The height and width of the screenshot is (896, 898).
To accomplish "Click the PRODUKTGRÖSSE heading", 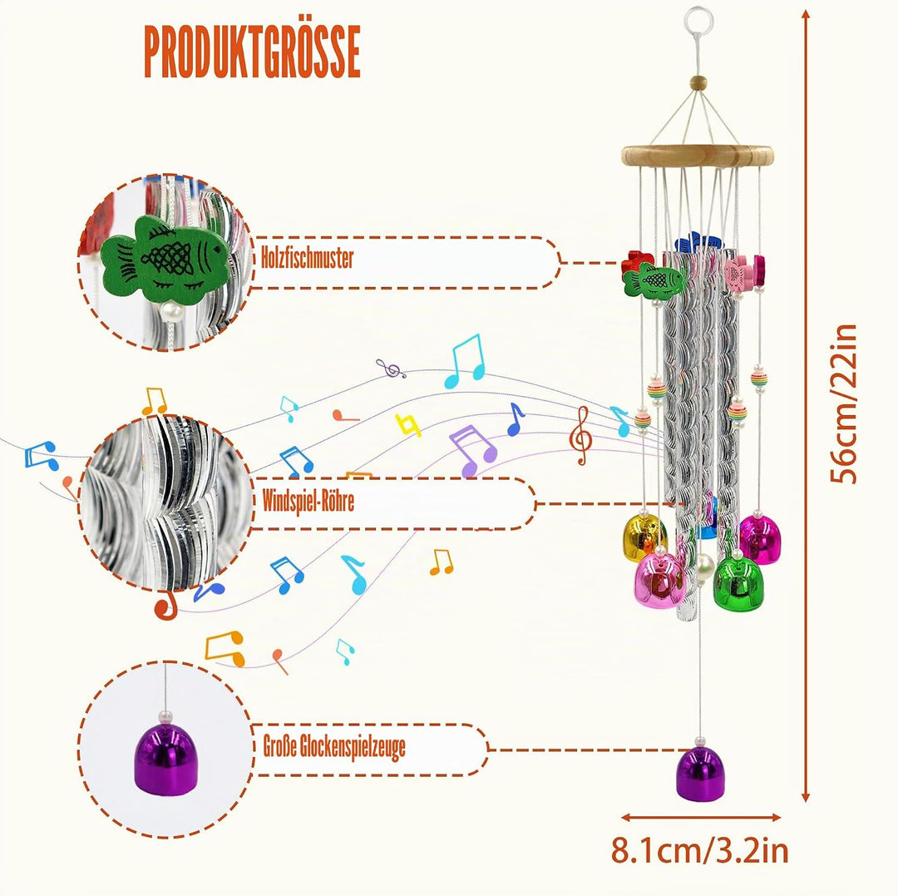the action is pos(252,52).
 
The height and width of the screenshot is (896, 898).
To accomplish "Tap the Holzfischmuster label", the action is pos(308,259).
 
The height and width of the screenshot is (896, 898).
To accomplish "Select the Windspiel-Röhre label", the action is pos(308,502).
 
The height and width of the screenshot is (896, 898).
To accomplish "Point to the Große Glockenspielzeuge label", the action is pos(334,747).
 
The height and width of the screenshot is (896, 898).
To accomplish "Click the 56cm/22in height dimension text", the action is pos(844,403).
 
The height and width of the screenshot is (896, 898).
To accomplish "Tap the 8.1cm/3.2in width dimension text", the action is pos(700,851).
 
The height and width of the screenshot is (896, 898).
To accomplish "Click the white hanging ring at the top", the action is pos(699,19).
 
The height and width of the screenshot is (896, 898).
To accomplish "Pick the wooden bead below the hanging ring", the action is pos(698,83).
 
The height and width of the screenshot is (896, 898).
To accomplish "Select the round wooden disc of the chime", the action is pos(698,156).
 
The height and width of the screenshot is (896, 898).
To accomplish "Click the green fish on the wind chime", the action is pos(654,280).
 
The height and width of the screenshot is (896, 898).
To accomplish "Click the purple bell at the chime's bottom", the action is pos(700,773).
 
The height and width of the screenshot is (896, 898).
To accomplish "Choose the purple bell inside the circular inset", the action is pos(165,760).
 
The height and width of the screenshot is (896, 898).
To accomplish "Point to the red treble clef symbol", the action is pos(581,435).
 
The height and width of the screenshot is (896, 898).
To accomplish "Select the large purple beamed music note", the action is pos(472,450).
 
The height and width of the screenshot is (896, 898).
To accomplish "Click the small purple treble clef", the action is pos(391,369).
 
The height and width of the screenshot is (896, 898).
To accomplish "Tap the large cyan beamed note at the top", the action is pos(465,362).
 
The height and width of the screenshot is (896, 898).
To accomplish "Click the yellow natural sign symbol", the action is pos(407,425).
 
